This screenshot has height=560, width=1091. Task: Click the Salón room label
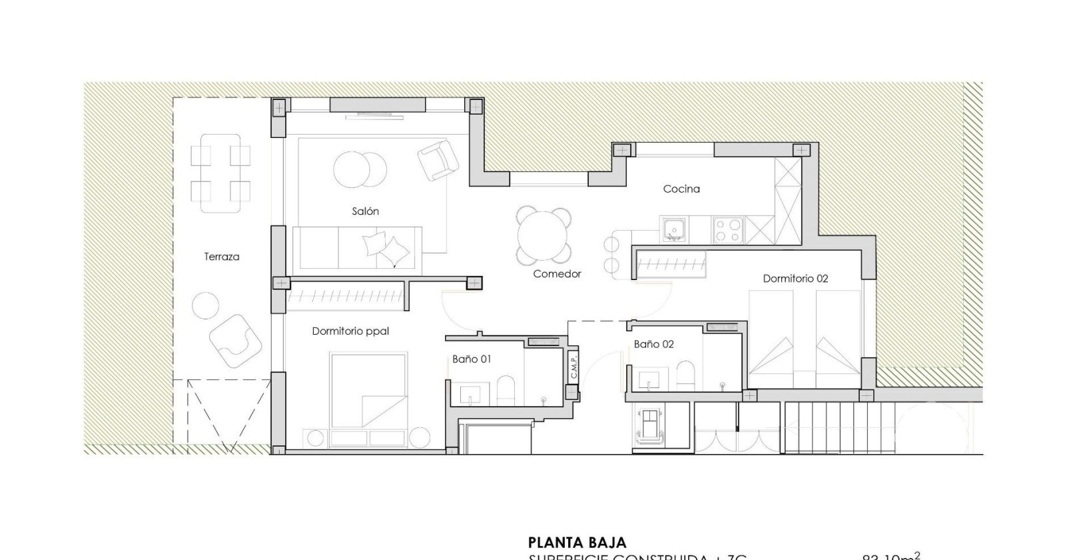[x=365, y=211]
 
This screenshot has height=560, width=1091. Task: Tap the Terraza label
[x=221, y=257]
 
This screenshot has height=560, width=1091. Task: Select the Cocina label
[x=681, y=189]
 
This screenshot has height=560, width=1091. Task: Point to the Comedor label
[x=557, y=274]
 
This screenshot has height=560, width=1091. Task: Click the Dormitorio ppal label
[x=350, y=331]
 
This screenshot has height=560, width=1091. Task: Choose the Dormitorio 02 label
[x=795, y=279]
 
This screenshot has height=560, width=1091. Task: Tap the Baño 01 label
[x=472, y=359]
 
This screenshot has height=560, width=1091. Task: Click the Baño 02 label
[x=653, y=345]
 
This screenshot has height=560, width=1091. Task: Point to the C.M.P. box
[x=573, y=366]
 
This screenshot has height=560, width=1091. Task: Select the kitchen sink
[x=673, y=230]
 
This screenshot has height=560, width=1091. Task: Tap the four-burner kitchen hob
[x=727, y=230]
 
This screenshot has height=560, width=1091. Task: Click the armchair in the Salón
[x=438, y=159]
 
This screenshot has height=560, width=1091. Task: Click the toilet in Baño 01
[x=506, y=391]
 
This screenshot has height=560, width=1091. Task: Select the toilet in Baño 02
[x=685, y=377]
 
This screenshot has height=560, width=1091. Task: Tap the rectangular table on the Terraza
[x=220, y=173]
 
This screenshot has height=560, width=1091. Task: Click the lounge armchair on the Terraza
[x=234, y=340]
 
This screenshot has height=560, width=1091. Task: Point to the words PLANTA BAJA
[x=577, y=543]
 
